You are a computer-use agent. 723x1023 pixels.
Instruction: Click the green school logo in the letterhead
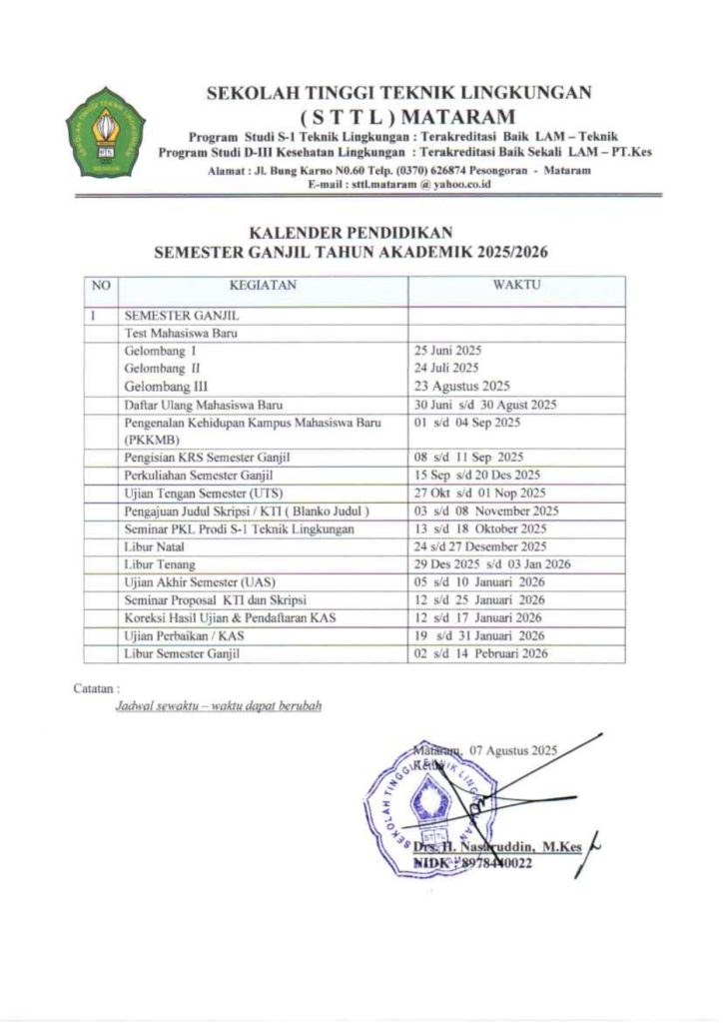coord(105,131)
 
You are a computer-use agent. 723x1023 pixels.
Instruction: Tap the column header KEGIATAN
coord(264,286)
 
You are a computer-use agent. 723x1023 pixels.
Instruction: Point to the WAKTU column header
coord(516,286)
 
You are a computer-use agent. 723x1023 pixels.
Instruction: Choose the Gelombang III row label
coord(165,386)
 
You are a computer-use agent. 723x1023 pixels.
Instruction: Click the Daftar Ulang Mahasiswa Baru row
coord(204,405)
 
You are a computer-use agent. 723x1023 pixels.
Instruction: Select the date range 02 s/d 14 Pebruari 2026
coord(479,654)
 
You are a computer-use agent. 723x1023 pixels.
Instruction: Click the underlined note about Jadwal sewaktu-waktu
coord(219,705)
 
